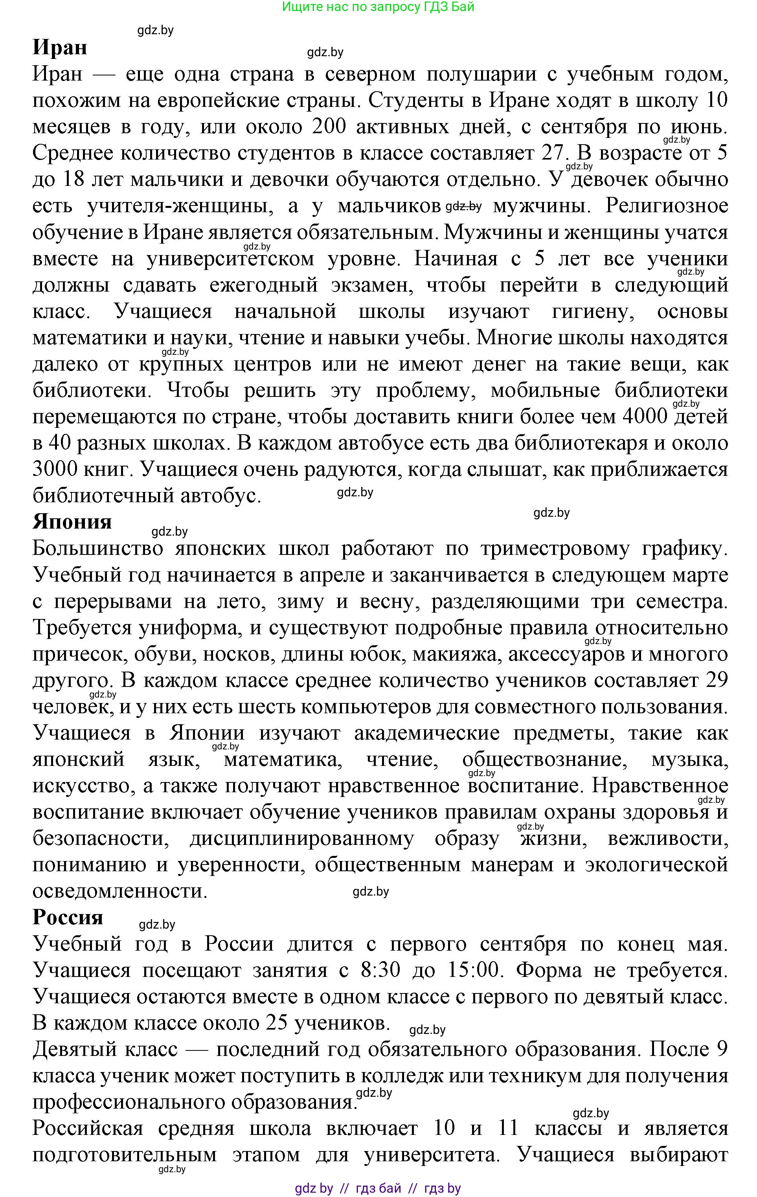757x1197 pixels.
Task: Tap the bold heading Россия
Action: coord(68,917)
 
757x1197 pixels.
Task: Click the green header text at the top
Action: coord(378,7)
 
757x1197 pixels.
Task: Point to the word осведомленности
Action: coord(119,891)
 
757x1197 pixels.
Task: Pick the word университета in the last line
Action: coord(432,1155)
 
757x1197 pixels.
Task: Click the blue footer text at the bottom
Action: coord(378,1188)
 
